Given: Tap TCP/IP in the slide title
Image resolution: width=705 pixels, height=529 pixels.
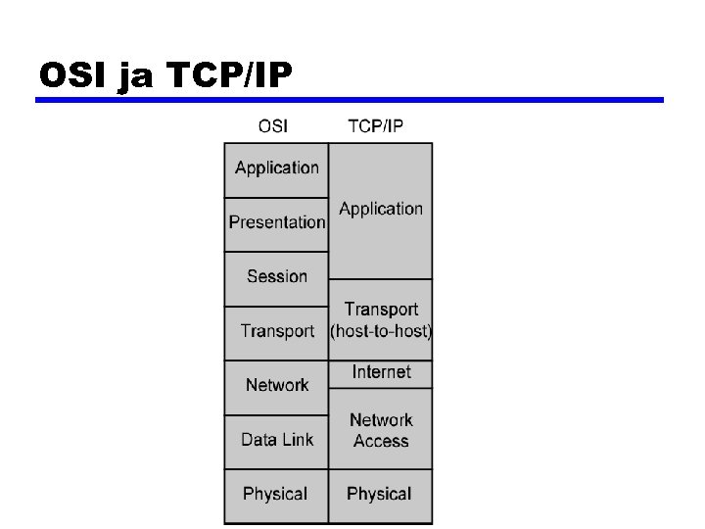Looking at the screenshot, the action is (x=229, y=75).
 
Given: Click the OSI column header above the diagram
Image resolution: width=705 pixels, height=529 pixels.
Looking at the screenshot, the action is (x=273, y=126).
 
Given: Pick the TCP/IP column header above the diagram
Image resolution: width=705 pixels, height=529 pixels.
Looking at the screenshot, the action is (x=376, y=126).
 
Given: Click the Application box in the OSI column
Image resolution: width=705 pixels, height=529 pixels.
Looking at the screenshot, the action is (x=276, y=169).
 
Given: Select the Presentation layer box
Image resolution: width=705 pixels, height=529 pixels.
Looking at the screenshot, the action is (x=276, y=223).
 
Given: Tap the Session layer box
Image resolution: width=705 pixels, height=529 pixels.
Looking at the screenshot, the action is (x=276, y=277).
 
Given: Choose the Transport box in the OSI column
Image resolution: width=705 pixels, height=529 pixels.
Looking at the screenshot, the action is (x=276, y=332).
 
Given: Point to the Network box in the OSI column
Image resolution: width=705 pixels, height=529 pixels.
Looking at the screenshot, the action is (x=276, y=386).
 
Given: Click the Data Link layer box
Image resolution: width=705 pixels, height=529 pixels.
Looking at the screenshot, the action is (x=276, y=441).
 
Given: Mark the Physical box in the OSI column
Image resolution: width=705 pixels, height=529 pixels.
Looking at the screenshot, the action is (x=276, y=495).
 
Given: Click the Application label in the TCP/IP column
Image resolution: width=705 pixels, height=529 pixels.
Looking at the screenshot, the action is (x=381, y=210).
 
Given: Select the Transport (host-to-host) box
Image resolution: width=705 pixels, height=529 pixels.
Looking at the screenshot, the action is (x=381, y=320).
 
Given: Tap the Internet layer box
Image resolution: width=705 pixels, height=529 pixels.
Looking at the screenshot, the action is (x=381, y=373).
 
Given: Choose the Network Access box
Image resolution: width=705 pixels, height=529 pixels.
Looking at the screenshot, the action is (x=381, y=429).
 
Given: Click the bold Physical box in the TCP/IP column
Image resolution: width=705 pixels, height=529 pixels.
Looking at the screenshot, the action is (x=380, y=495).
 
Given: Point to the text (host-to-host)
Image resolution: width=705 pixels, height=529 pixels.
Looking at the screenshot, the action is (x=381, y=331).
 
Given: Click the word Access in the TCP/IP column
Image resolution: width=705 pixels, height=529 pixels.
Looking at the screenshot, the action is (x=381, y=441).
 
